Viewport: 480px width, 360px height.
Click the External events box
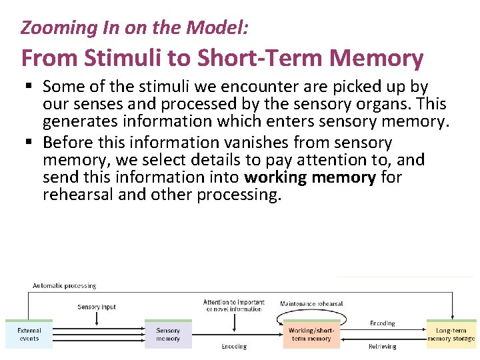click(29, 334)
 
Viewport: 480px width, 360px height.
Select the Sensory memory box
click(168, 334)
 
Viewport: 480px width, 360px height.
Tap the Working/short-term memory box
click(311, 334)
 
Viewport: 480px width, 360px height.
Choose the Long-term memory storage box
click(451, 334)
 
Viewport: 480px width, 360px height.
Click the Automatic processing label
click(65, 286)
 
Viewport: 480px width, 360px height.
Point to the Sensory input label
click(97, 307)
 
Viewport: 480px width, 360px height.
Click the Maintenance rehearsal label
click(311, 304)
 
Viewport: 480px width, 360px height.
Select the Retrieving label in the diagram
click(382, 347)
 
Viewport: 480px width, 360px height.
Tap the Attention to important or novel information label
click(233, 305)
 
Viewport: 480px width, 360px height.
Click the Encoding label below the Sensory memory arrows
click(233, 347)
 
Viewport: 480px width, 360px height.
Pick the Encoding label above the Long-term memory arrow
click(382, 323)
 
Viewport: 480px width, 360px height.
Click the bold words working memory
click(310, 177)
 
